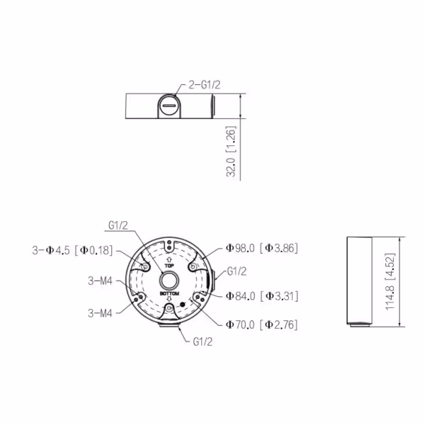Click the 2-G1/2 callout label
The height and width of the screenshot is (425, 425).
(x=205, y=85)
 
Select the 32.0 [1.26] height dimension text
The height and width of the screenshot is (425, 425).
(x=231, y=152)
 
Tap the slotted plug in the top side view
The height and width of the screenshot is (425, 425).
(x=169, y=106)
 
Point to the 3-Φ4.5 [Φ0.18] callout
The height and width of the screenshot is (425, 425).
(x=72, y=250)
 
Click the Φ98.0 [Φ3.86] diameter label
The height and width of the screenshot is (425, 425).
(x=262, y=248)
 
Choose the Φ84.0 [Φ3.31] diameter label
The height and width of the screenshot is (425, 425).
(x=262, y=296)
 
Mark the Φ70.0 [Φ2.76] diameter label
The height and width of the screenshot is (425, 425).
(x=262, y=324)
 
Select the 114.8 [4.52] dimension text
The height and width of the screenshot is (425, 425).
(x=390, y=282)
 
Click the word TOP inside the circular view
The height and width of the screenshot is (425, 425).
(x=169, y=266)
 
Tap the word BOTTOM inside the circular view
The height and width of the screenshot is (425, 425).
(x=169, y=293)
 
